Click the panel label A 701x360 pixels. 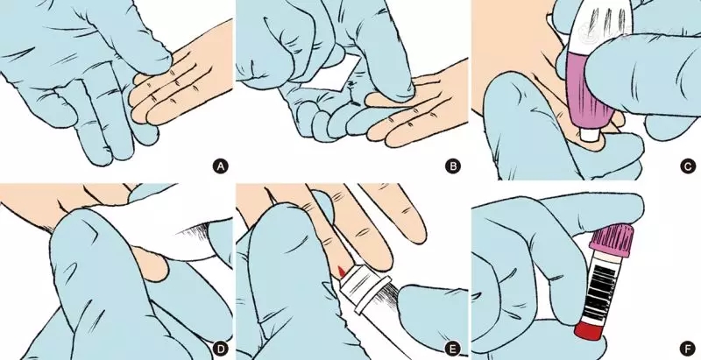pyautogui.click(x=220, y=166)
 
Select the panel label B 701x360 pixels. pyautogui.click(x=453, y=166)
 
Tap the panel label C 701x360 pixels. pyautogui.click(x=688, y=166)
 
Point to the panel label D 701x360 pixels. pyautogui.click(x=220, y=348)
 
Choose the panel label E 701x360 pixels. pyautogui.click(x=453, y=348)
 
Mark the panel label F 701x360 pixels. pyautogui.click(x=688, y=348)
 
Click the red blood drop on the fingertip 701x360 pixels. pyautogui.click(x=341, y=271)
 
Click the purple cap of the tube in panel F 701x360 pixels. pyautogui.click(x=612, y=240)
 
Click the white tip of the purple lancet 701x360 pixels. pyautogui.click(x=588, y=134)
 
